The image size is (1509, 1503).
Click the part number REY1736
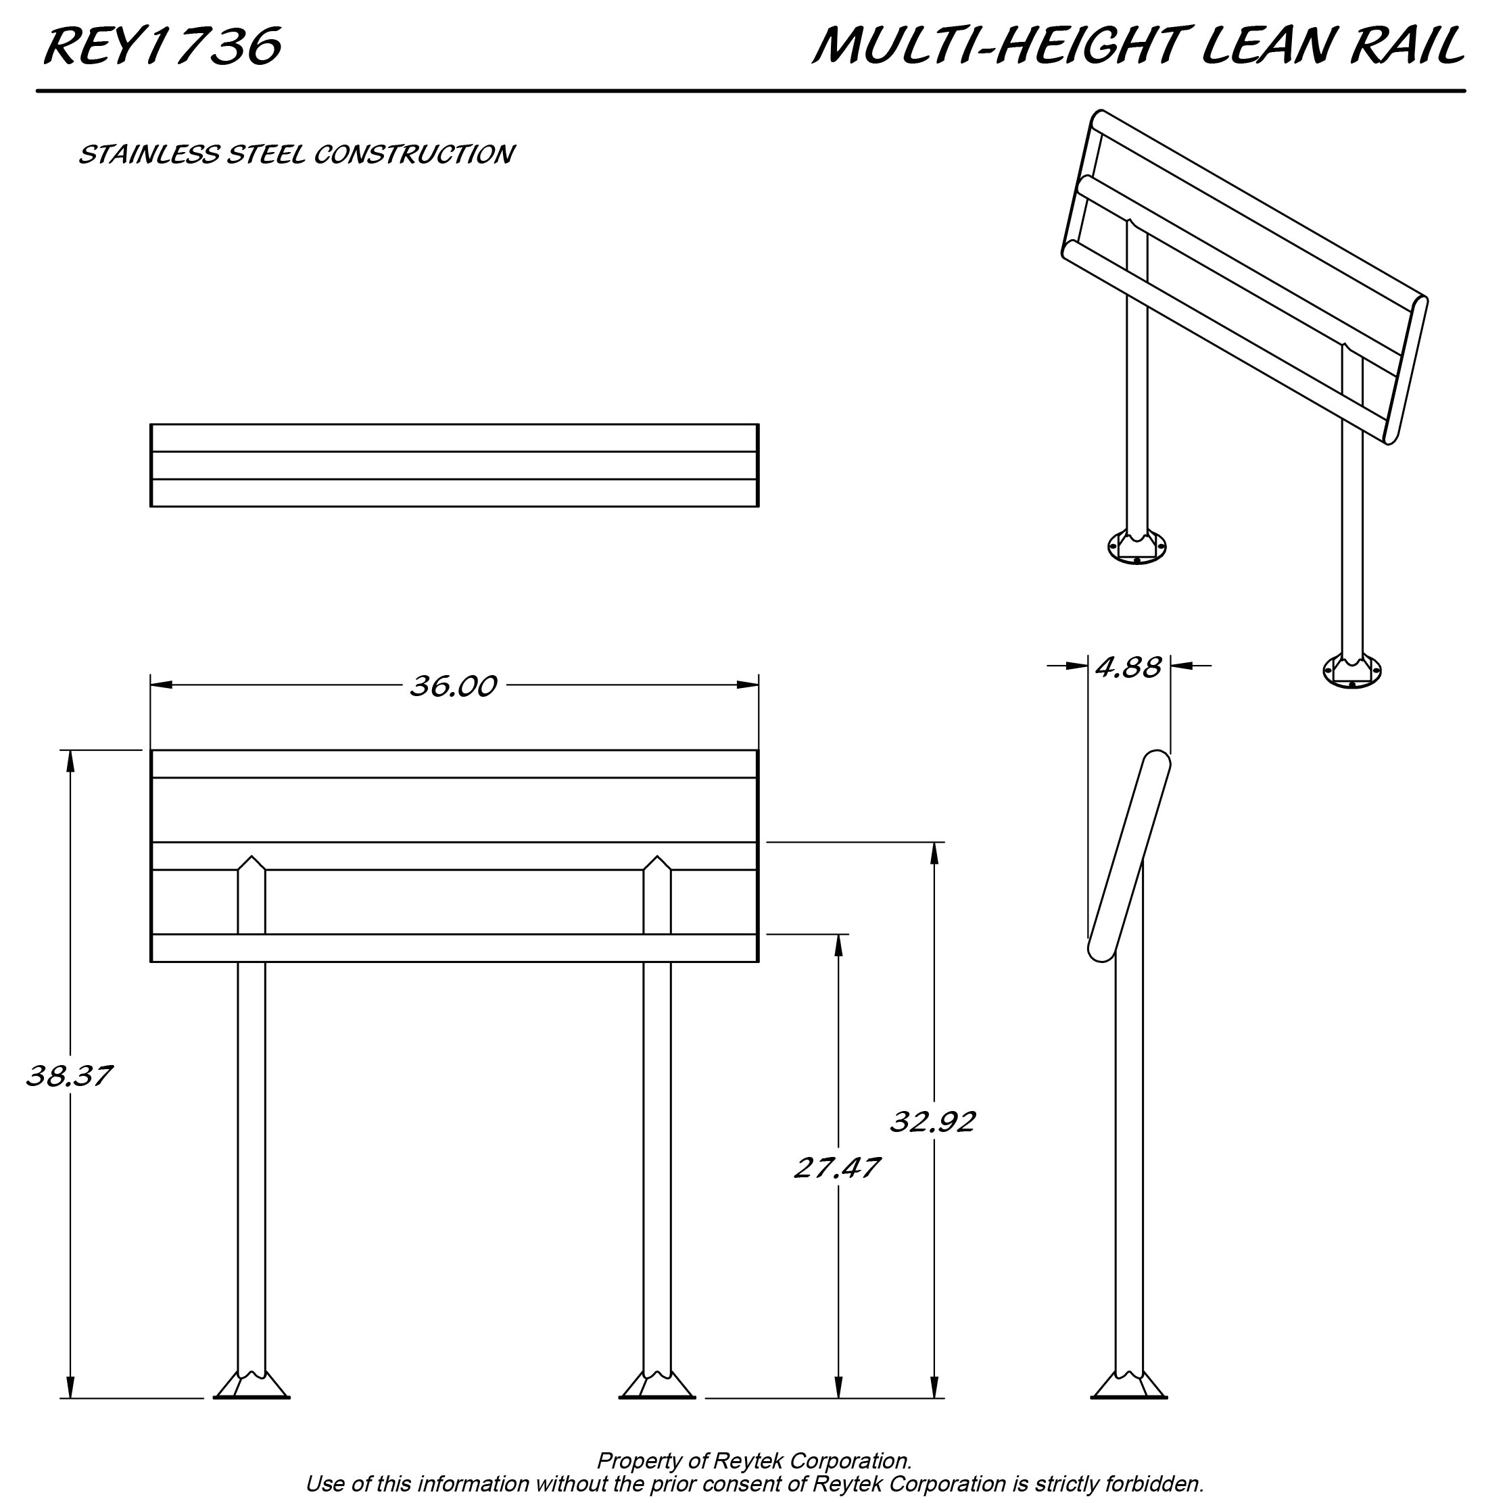(x=162, y=47)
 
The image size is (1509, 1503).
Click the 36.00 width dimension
(x=453, y=687)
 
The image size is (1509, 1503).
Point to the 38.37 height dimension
(x=69, y=1077)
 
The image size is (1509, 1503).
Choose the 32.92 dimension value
(x=932, y=1123)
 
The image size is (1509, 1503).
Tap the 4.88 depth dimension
(x=1128, y=668)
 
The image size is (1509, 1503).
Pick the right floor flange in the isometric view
(x=1352, y=670)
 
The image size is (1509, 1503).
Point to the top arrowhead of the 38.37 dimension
(x=70, y=761)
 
